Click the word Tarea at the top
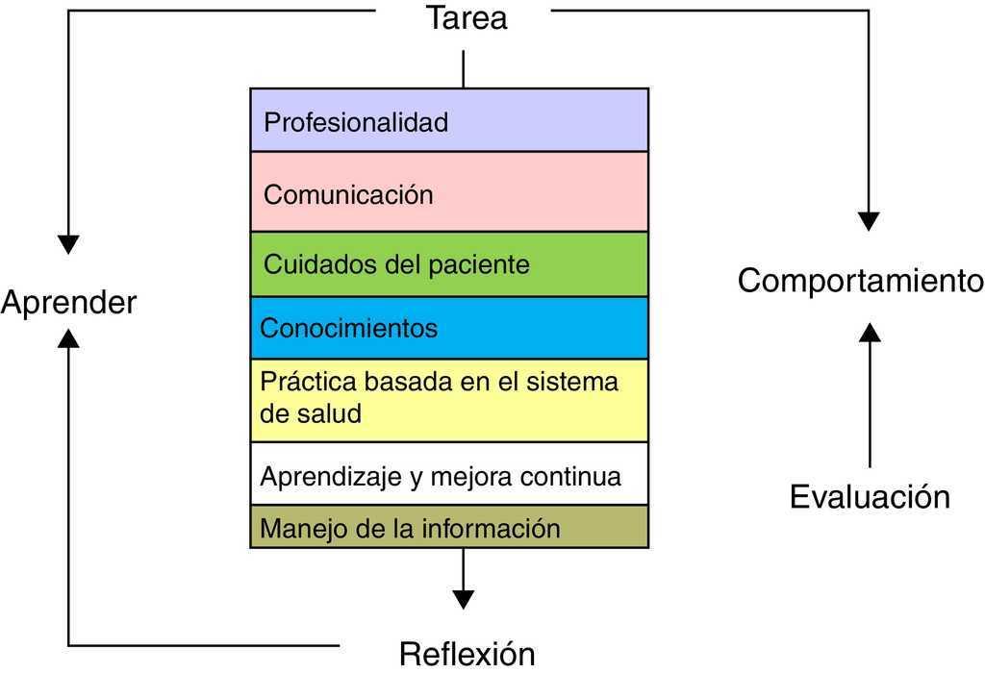(x=467, y=17)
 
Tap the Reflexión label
(x=467, y=654)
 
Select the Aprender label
(x=68, y=303)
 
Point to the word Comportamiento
(x=861, y=280)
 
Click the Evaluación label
(x=870, y=497)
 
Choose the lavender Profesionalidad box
(x=449, y=120)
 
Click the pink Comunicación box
(x=449, y=191)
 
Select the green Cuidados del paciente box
(x=449, y=264)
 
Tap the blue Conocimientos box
(x=449, y=328)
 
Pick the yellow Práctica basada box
(x=449, y=400)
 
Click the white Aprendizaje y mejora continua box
(x=449, y=473)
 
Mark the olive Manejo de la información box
(x=449, y=526)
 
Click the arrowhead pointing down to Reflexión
(x=464, y=600)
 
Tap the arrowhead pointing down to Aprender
(x=68, y=245)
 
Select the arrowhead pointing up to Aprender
(x=68, y=338)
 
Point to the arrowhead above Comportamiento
(x=869, y=222)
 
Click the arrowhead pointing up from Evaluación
(x=870, y=332)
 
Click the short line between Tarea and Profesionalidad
(x=464, y=69)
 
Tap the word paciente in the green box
(x=479, y=265)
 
